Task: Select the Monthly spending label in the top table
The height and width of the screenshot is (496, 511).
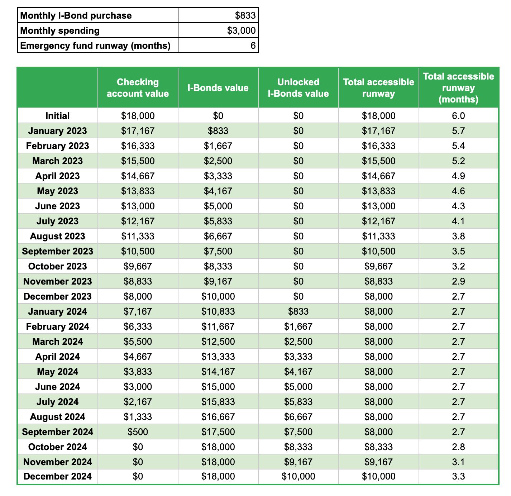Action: pos(60,30)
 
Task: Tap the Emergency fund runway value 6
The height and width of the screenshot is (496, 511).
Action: pos(253,46)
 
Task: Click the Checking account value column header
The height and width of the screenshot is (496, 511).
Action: pos(138,88)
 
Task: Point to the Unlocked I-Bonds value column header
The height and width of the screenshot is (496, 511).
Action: pos(298,88)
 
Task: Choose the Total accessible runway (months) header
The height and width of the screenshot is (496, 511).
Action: pos(458,88)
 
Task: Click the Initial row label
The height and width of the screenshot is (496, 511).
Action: pos(57,116)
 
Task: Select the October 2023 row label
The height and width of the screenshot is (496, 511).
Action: pos(57,266)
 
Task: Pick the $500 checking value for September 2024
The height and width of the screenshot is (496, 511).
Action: pos(138,432)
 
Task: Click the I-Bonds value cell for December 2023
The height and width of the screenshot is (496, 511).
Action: pos(218,296)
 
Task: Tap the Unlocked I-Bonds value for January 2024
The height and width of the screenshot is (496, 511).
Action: pos(298,311)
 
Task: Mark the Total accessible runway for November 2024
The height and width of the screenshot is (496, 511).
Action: pos(378,462)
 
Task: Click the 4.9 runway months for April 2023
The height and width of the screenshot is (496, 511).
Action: pos(458,176)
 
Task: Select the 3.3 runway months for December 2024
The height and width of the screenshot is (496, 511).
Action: pos(458,476)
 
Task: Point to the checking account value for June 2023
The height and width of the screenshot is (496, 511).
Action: pos(138,206)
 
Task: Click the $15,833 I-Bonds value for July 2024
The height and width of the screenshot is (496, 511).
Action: pos(218,402)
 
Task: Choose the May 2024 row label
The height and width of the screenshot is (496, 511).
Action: pos(57,372)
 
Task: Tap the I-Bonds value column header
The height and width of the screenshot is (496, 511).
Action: pos(218,88)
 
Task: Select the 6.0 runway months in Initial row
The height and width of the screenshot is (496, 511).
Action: pos(458,116)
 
